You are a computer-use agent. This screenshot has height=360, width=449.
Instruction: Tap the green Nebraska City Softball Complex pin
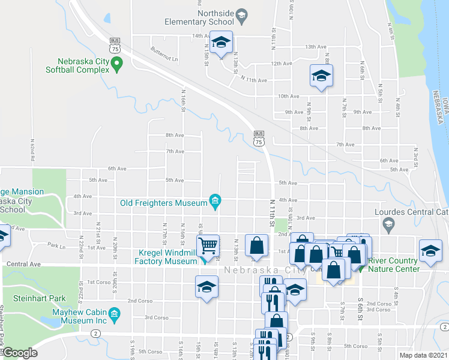click(118, 62)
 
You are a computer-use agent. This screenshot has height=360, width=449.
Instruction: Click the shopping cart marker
click(207, 245)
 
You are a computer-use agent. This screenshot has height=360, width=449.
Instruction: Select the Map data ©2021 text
click(424, 355)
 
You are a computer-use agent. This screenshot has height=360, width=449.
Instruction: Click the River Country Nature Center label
click(392, 265)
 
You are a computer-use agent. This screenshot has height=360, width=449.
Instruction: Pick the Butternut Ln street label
click(164, 55)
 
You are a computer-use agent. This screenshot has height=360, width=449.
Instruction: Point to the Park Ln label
click(56, 246)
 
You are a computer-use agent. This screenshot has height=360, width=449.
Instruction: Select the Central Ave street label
click(23, 264)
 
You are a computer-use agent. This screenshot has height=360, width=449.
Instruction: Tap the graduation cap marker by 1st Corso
click(206, 286)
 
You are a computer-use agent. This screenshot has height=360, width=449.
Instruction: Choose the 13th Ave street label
click(315, 47)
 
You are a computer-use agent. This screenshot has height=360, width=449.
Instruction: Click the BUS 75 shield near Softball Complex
click(115, 45)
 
